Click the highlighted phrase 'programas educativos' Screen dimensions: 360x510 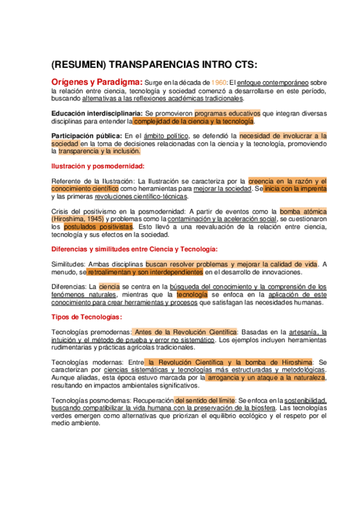pyautogui.click(x=227, y=112)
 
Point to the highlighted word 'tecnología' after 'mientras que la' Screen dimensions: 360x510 pyautogui.click(x=192, y=295)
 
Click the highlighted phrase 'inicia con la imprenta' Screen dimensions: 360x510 pyautogui.click(x=294, y=188)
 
